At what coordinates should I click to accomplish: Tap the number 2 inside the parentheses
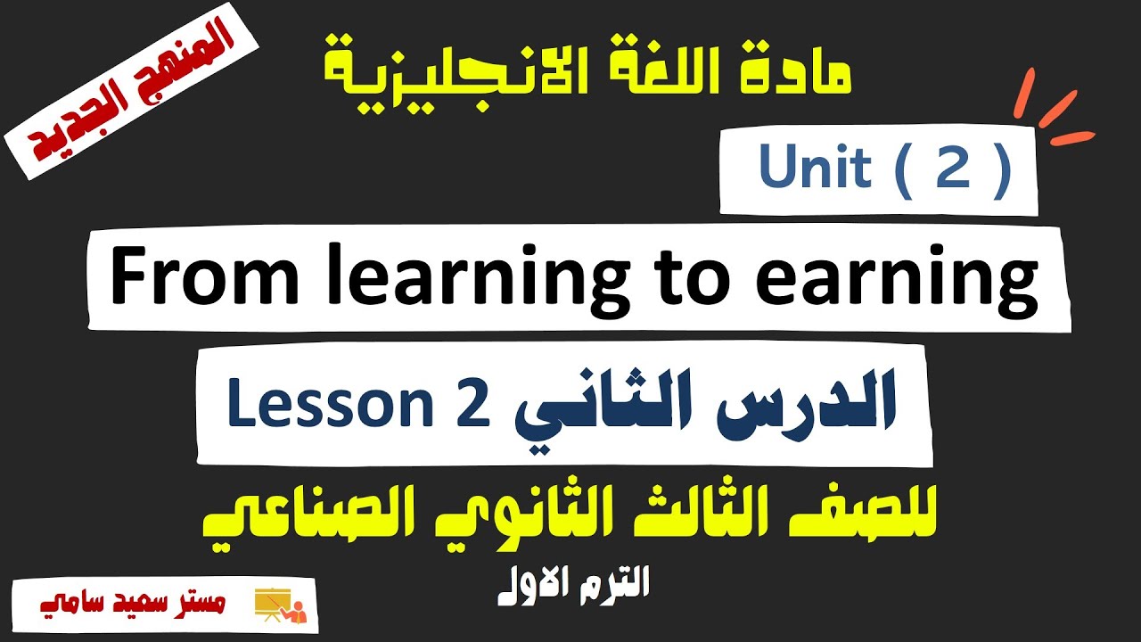tap(952, 169)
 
